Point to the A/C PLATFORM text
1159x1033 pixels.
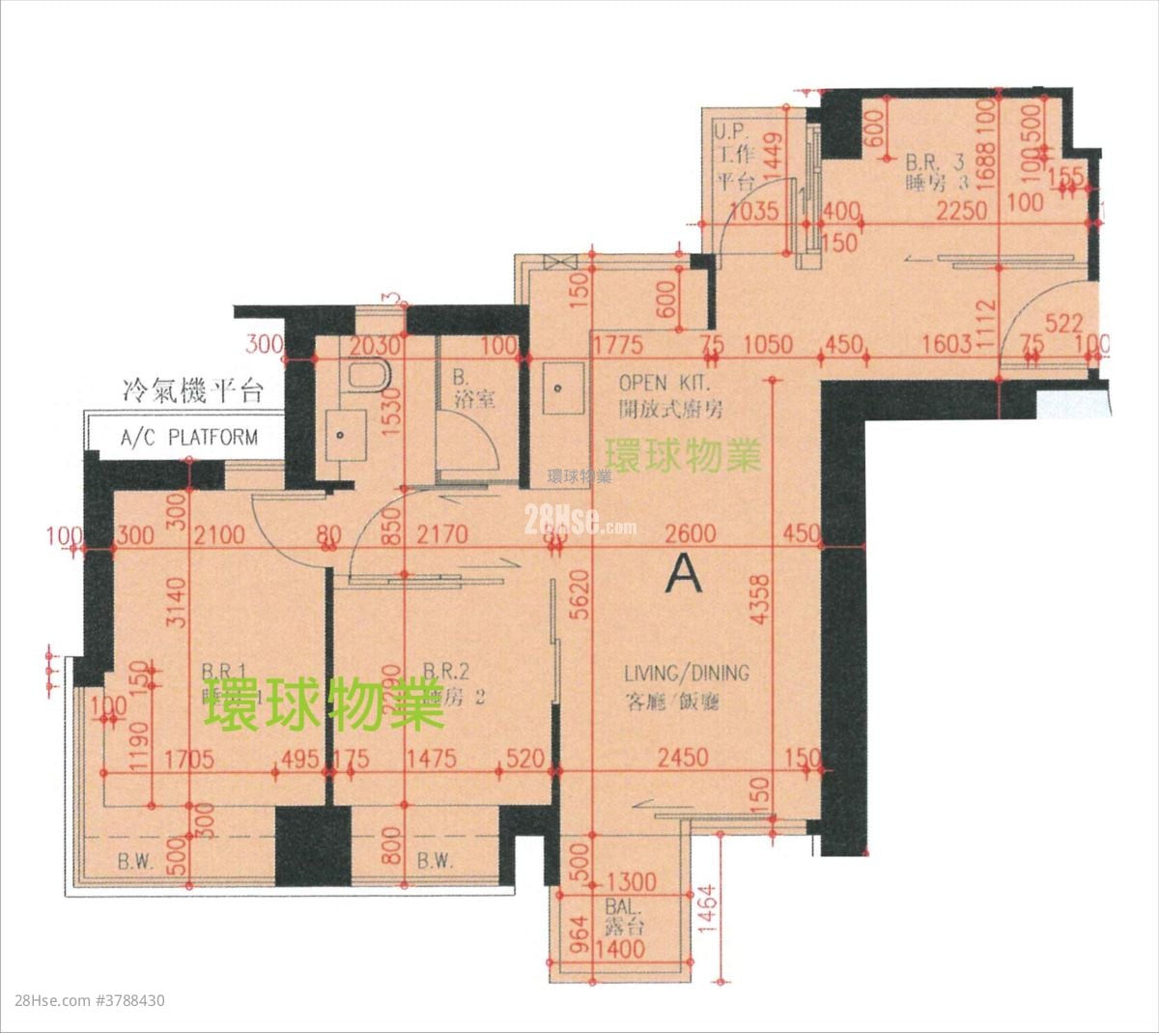(x=189, y=437)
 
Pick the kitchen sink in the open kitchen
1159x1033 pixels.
(x=561, y=389)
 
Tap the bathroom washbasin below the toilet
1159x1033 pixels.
(x=344, y=434)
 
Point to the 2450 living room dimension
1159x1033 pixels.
(x=682, y=759)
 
